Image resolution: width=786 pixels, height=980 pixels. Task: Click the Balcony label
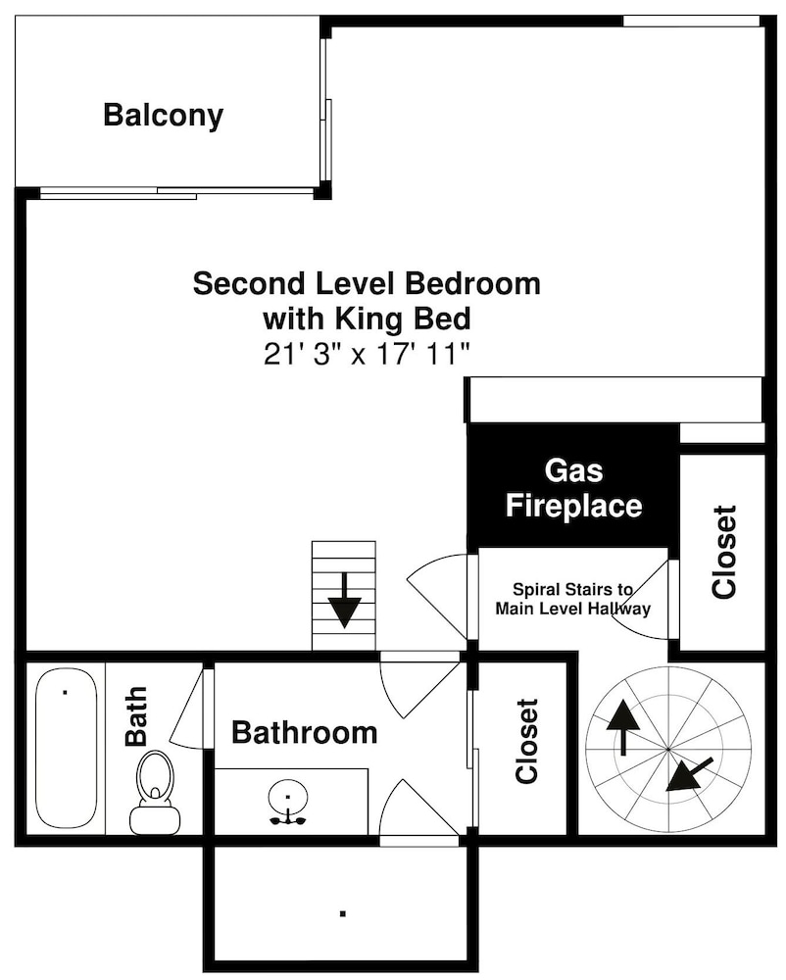pos(163,116)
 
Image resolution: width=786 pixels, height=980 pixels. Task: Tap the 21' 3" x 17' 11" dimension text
pos(367,355)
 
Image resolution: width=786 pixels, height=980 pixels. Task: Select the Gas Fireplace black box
pos(573,487)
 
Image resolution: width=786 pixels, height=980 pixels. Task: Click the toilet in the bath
pos(154,793)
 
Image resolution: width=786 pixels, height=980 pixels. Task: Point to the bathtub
pos(66,748)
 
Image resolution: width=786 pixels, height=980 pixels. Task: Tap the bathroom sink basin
pos(288,796)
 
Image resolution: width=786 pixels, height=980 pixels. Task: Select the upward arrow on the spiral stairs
pos(623,727)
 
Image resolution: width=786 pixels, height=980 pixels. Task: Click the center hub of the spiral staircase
pos(668,749)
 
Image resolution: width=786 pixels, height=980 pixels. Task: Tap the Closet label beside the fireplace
pos(724,552)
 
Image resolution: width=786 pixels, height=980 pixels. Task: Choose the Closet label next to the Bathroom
pos(526,741)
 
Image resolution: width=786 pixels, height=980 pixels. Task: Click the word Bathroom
pos(304,732)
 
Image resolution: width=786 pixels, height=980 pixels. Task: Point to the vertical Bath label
pos(135,716)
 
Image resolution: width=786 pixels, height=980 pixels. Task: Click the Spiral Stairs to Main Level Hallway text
pos(573,599)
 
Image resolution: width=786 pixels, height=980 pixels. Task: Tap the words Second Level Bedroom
pos(367,283)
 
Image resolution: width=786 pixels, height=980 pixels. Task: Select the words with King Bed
pos(367,318)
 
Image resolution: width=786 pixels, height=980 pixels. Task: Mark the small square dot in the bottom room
pos(342,913)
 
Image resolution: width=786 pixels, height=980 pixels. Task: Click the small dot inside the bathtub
pos(66,692)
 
